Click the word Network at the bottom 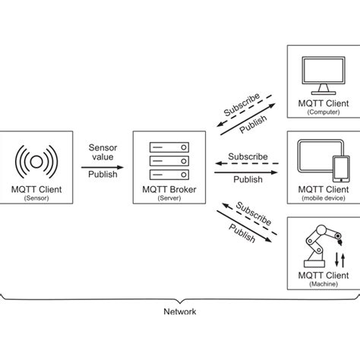point(180,311)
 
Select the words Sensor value point(103,151)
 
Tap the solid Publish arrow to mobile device point(247,172)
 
